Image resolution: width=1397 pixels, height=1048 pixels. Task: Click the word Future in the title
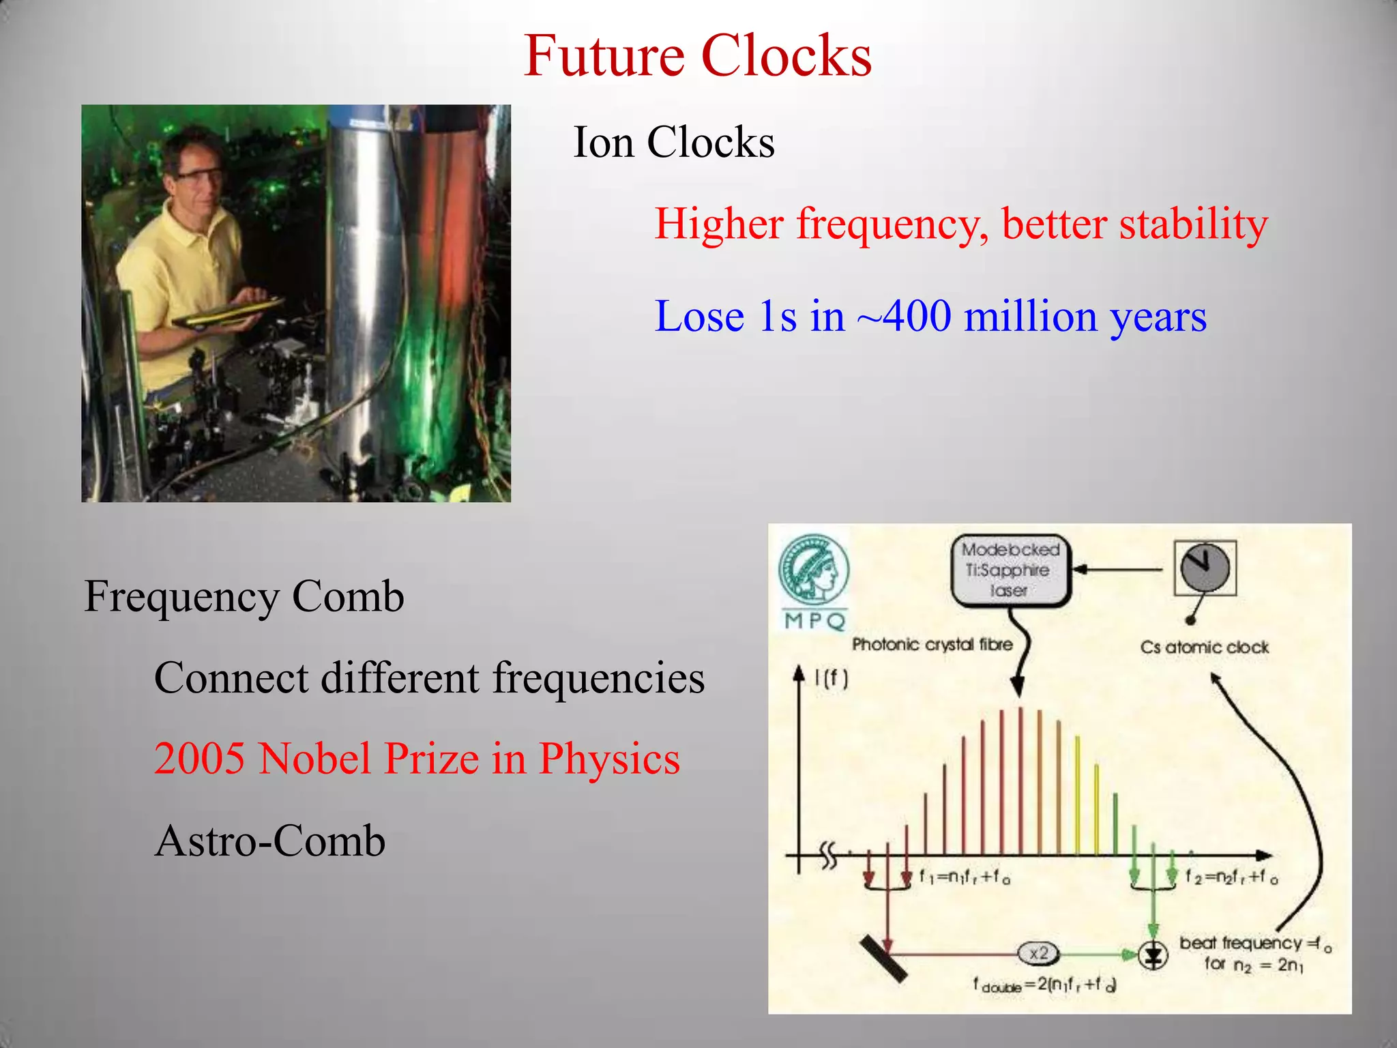click(604, 56)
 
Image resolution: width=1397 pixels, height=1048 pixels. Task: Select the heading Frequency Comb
click(244, 596)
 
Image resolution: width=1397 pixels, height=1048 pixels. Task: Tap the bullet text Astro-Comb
click(270, 841)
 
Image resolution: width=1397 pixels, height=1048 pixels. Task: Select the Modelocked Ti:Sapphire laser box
click(1010, 570)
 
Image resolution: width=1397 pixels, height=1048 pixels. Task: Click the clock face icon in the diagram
click(1205, 568)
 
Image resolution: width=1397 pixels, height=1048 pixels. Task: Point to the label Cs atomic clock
click(1204, 647)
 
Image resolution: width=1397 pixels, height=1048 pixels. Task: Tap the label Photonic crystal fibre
click(932, 644)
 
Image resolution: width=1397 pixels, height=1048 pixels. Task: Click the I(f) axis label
click(831, 678)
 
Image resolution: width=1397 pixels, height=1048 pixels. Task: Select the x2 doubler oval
click(1038, 953)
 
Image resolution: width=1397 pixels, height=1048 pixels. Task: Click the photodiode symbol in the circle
click(1153, 955)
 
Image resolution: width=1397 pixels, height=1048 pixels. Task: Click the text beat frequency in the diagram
click(1240, 943)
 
